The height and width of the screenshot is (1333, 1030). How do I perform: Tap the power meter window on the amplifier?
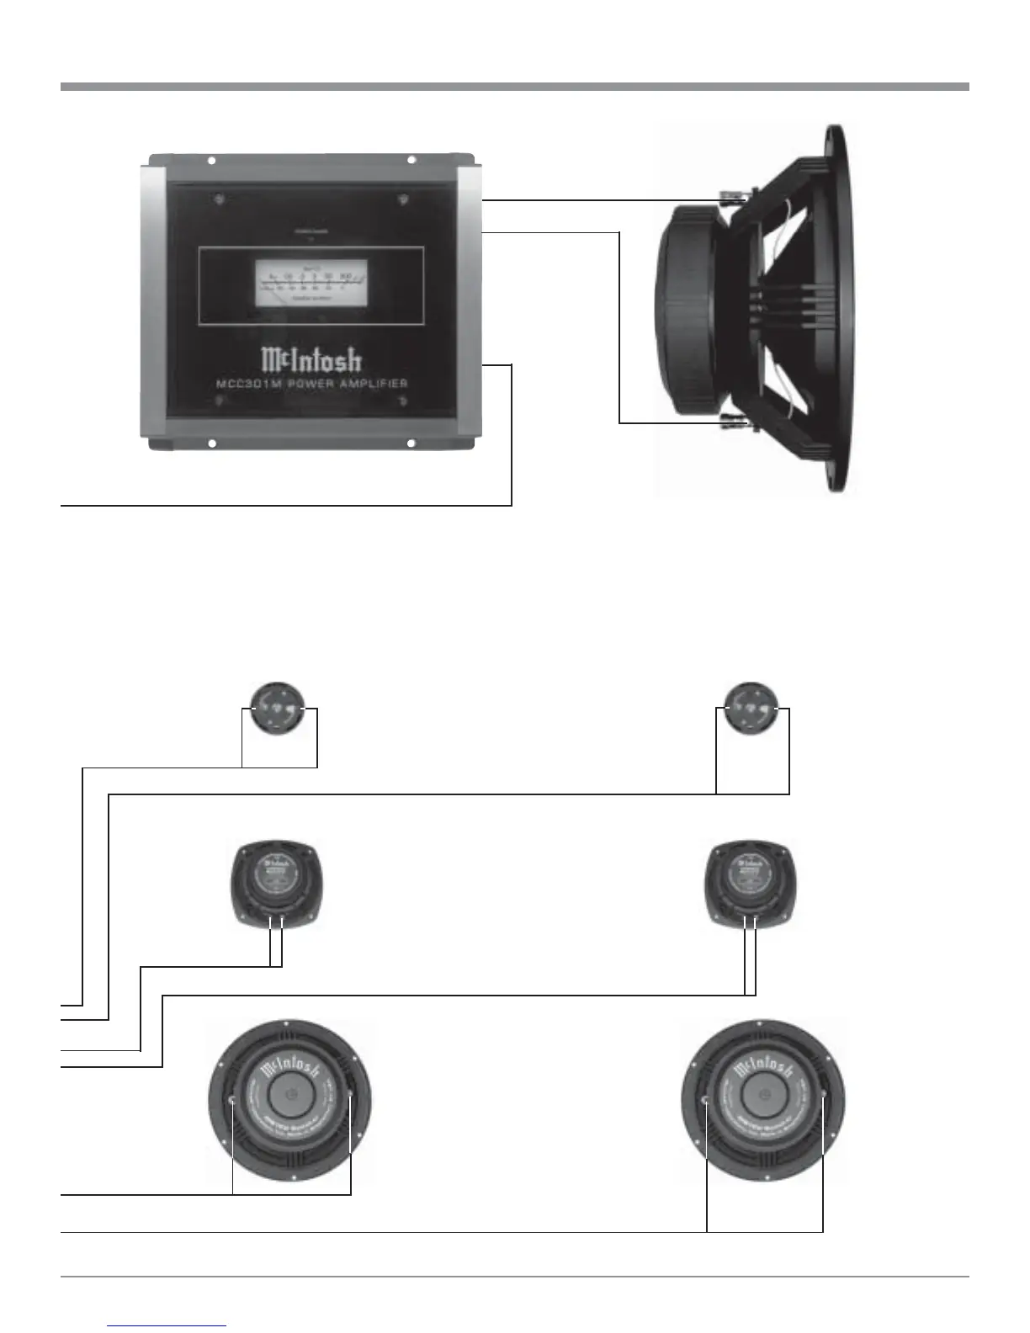coord(311,283)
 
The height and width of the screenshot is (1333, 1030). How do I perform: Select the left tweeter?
coord(279,709)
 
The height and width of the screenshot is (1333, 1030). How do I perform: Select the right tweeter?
coord(752,709)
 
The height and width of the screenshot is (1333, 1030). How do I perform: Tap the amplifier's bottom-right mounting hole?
coord(411,443)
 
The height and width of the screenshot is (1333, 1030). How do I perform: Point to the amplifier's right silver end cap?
coord(468,303)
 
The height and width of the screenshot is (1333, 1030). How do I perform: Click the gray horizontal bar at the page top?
coord(514,86)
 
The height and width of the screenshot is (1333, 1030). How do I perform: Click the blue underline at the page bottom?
coord(167,1325)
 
